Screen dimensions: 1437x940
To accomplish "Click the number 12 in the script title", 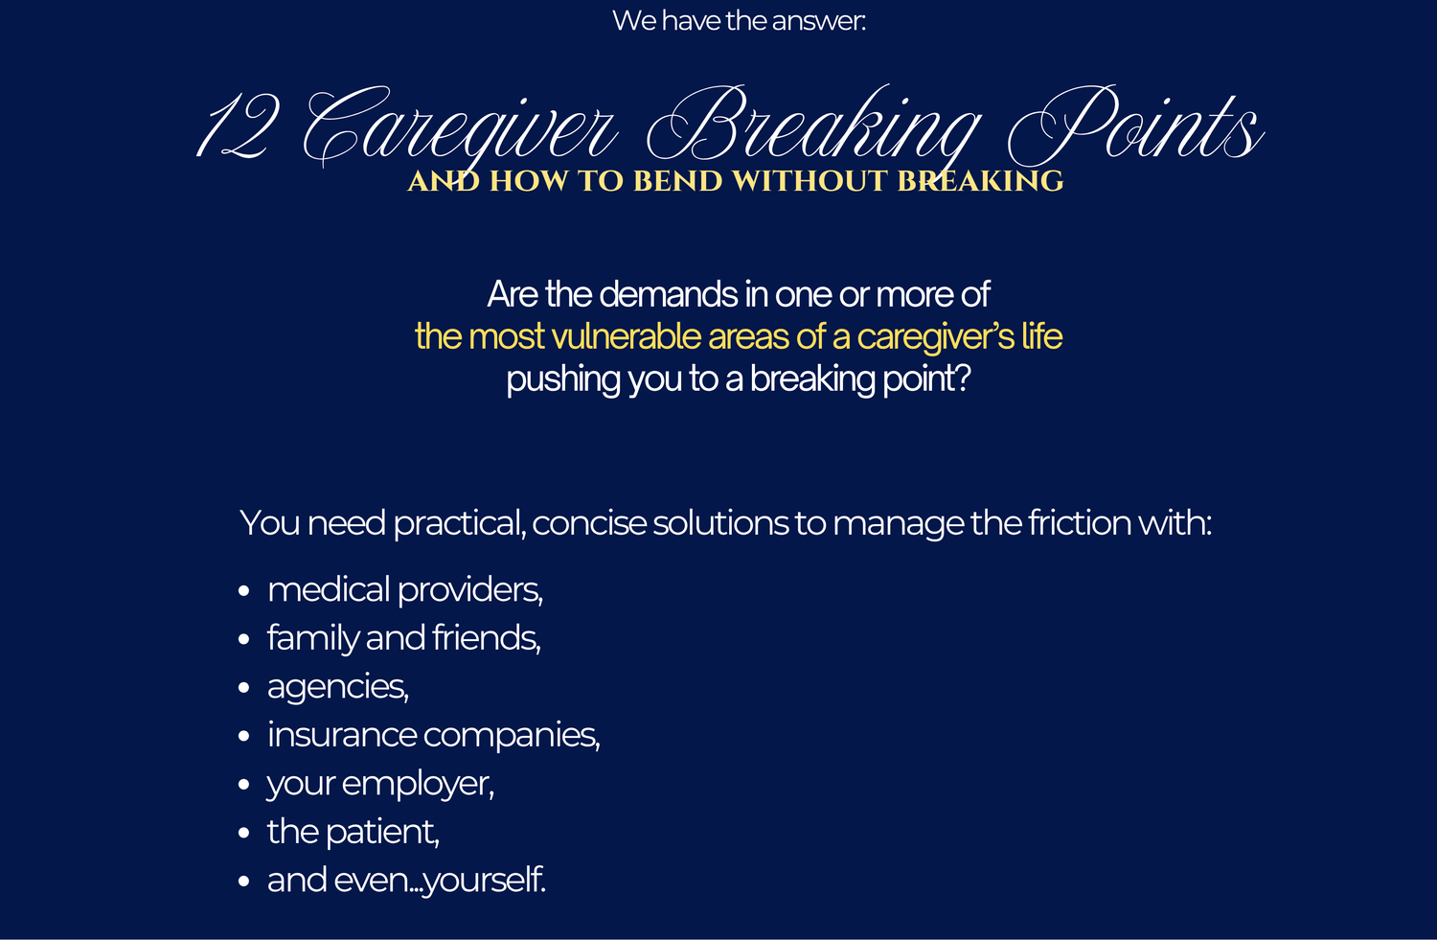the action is (x=239, y=126).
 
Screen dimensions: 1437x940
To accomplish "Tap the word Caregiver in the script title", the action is (x=459, y=126).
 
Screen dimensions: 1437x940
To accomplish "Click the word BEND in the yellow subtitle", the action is (x=673, y=182).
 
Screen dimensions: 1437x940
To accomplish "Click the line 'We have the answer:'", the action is (x=739, y=20).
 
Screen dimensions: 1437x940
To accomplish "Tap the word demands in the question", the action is (x=669, y=294).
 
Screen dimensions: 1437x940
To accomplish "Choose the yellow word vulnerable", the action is (x=626, y=337).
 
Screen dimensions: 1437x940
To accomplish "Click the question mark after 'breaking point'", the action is (x=963, y=378).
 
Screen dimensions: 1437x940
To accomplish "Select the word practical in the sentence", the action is (x=460, y=524).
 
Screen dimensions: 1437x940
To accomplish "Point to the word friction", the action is (x=1080, y=522).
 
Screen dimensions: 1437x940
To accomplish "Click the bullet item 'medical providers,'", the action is (x=405, y=590).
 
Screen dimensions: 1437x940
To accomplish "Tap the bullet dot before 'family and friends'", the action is (x=243, y=639).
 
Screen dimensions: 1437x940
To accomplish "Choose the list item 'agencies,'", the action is (x=338, y=688).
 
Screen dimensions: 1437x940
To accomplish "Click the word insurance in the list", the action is (x=342, y=735).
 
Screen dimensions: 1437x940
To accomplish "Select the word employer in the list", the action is (x=418, y=785).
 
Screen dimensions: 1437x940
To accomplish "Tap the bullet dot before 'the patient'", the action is (x=243, y=833).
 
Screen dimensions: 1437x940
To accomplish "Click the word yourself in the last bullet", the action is (x=485, y=881).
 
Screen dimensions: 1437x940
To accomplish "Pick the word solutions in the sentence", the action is (x=720, y=523).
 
